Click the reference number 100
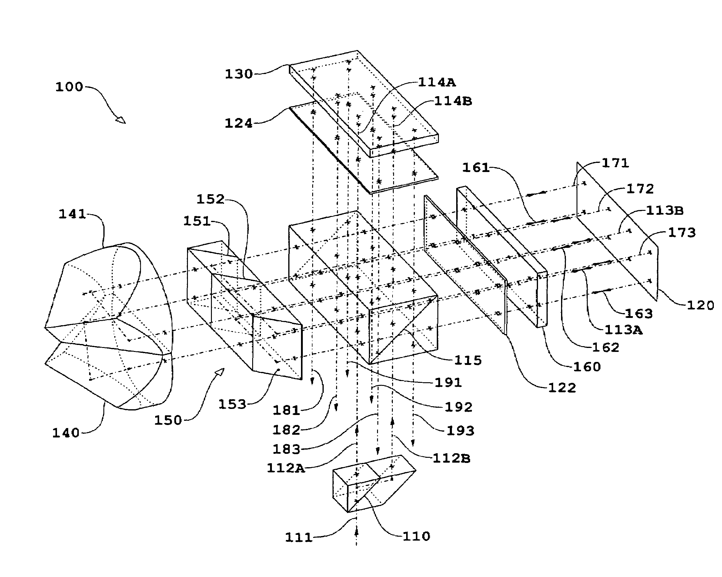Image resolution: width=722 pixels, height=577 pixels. point(69,87)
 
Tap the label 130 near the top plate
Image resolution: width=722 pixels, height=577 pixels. point(239,74)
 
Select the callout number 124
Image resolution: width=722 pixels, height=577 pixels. point(239,123)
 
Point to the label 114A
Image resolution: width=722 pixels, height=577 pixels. point(437,83)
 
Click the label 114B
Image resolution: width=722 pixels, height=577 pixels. point(453,101)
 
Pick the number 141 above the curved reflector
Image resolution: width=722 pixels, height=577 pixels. point(72,214)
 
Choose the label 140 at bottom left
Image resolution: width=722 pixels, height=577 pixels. point(66,433)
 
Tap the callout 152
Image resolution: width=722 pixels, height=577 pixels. point(210,199)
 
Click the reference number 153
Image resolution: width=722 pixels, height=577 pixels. point(232,404)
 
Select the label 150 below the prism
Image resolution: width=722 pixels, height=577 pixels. point(168,420)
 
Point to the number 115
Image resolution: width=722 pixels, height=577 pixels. point(468,360)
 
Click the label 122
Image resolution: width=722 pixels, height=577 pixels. point(562,388)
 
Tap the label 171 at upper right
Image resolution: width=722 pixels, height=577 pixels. point(616,163)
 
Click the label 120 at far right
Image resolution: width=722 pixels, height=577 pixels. point(700,305)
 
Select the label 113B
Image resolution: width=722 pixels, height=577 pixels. point(665,211)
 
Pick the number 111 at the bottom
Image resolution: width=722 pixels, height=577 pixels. point(298,538)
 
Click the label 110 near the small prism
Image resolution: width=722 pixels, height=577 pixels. point(416,536)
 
